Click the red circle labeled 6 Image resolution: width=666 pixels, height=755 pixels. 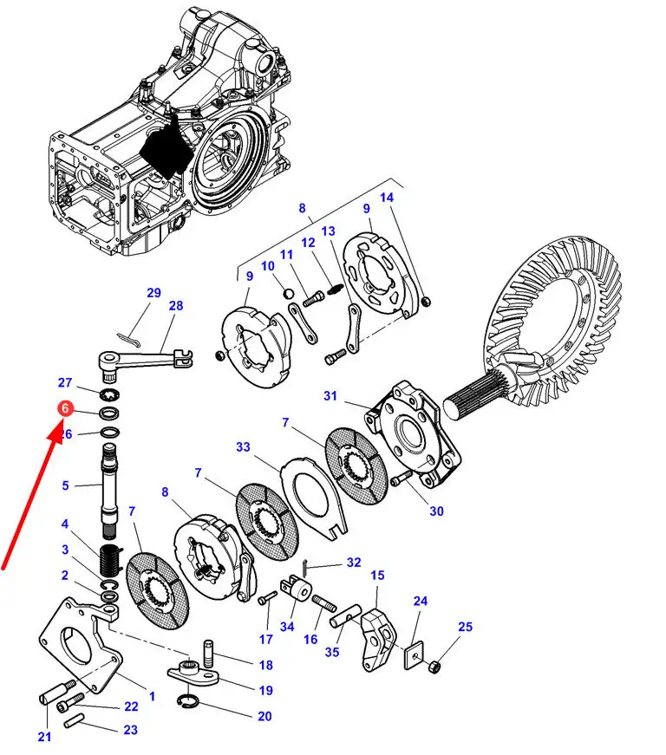tap(65, 407)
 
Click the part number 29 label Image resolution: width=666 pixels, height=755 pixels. tap(153, 293)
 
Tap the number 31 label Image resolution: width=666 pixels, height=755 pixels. tap(330, 396)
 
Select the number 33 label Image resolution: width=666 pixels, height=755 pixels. tap(243, 447)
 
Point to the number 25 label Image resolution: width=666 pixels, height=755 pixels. tap(466, 627)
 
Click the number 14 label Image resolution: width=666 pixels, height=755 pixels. tap(387, 198)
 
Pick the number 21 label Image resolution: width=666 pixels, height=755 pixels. tap(44, 737)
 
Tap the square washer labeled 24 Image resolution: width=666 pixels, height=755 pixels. tap(417, 651)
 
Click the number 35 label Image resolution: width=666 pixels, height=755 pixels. tap(332, 652)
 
